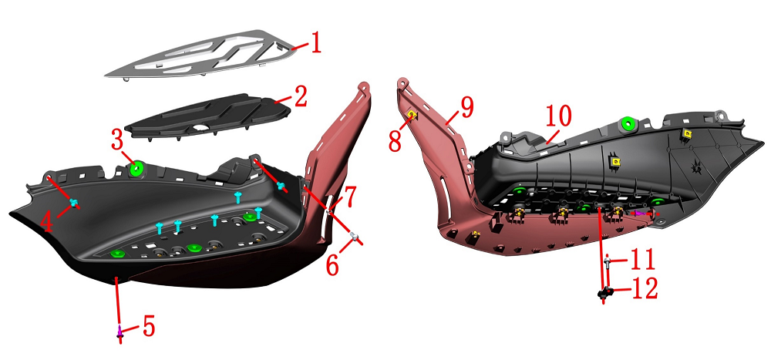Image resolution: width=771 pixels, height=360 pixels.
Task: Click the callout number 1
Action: click(315, 44)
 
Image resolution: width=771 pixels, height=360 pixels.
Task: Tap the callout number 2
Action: click(298, 96)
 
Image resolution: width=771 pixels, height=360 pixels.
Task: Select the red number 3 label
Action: click(118, 141)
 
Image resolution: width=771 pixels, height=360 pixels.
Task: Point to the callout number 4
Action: click(47, 222)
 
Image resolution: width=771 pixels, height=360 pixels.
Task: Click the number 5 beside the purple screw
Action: click(149, 326)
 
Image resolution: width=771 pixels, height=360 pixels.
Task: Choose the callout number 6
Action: click(332, 266)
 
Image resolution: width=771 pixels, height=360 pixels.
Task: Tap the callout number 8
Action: click(395, 140)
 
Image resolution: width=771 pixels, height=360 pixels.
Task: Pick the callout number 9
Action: click(466, 108)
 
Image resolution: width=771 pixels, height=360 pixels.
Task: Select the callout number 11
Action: click(642, 259)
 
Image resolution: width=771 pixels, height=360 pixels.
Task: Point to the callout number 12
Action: click(644, 289)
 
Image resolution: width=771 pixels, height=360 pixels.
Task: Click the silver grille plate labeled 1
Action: click(202, 53)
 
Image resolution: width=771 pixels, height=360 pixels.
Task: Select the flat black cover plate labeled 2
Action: click(207, 117)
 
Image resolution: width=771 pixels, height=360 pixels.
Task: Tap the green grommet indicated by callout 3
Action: click(136, 168)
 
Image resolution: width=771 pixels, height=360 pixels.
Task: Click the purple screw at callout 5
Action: click(120, 332)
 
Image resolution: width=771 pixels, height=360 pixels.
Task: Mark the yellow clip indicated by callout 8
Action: click(411, 115)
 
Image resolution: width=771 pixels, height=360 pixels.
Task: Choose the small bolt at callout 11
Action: click(608, 263)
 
